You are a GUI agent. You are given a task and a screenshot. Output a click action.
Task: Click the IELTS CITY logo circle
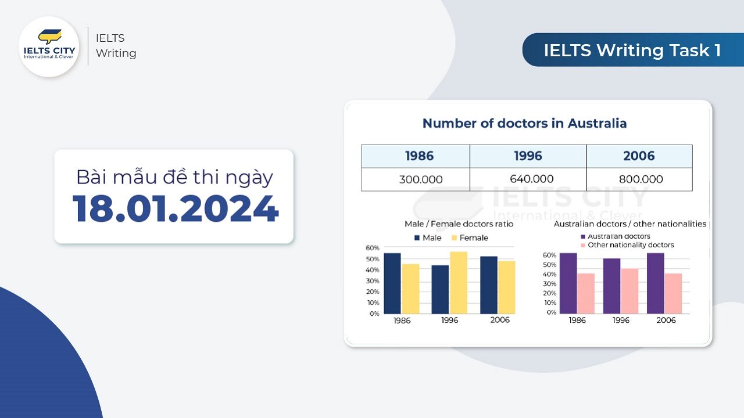point(49,47)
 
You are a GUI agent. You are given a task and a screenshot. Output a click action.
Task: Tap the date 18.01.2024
point(176,209)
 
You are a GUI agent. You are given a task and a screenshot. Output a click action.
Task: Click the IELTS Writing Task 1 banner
point(633,50)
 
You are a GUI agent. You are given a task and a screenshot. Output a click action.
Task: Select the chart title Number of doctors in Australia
point(524,124)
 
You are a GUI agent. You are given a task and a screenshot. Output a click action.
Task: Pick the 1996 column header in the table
point(528,156)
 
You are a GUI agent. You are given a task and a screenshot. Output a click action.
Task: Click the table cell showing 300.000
point(416,179)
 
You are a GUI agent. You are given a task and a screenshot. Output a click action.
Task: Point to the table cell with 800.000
point(639,179)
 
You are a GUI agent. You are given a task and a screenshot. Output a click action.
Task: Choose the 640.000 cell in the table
point(528,179)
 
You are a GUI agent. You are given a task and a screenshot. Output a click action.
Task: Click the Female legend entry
point(470,238)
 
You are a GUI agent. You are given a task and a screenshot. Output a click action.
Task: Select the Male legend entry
point(428,238)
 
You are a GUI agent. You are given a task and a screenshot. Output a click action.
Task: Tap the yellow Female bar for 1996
point(459,283)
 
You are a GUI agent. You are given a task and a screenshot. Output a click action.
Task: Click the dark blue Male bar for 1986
point(392,283)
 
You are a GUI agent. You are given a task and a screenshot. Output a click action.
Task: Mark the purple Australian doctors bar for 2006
point(655,283)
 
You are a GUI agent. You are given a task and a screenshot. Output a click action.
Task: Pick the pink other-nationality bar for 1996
point(629,291)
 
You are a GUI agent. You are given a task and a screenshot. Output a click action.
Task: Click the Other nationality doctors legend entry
point(627,245)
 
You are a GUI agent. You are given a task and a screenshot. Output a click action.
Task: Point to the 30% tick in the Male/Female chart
point(373,281)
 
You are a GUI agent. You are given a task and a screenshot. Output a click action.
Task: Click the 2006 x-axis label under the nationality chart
point(666,320)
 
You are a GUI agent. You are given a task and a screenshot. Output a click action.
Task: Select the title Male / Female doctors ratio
point(459,224)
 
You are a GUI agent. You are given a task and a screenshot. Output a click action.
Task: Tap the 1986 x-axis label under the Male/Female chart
point(402,321)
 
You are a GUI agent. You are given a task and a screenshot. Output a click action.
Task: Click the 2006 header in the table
point(639,156)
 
